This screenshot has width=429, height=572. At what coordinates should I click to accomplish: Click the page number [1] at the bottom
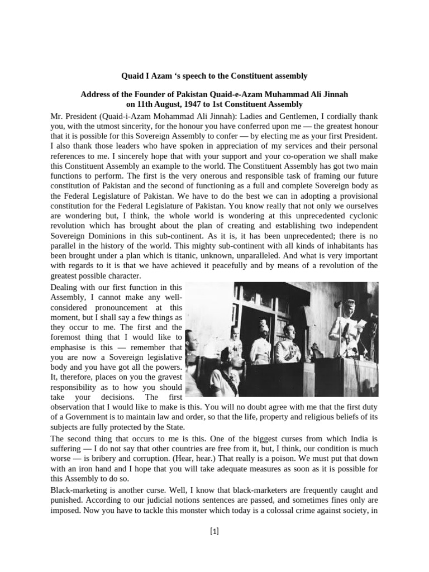214,532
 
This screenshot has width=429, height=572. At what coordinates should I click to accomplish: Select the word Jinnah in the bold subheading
333,94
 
